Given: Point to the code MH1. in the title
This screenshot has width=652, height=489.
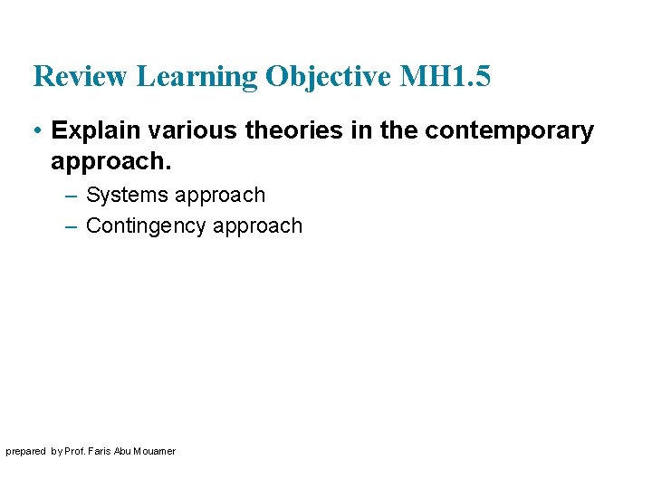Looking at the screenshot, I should pos(433,77).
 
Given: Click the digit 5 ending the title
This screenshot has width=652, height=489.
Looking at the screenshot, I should pos(481,77).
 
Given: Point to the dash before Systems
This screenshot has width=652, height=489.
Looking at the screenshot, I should pos(72,196).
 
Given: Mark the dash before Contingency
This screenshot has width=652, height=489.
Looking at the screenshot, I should pos(72,225).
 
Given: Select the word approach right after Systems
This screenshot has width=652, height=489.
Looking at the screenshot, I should pos(220,196).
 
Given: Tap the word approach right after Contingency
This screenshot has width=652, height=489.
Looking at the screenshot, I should pos(257,225).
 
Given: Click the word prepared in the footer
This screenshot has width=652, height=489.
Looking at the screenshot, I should pos(25,451).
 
